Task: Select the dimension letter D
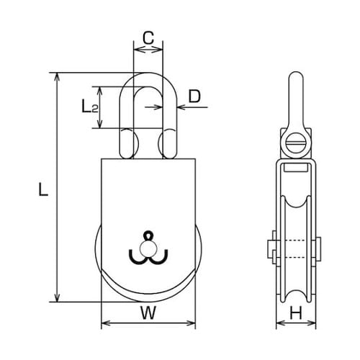pyautogui.click(x=194, y=96)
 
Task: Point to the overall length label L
pyautogui.click(x=42, y=189)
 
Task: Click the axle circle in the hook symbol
pyautogui.click(x=148, y=248)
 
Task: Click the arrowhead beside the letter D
pyautogui.click(x=178, y=108)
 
